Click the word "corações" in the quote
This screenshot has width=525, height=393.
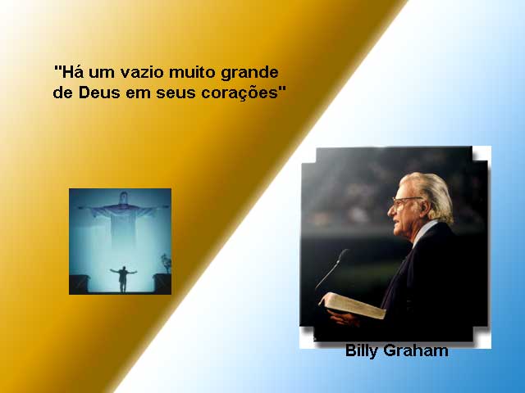pyautogui.click(x=240, y=93)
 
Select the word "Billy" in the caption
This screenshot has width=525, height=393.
pyautogui.click(x=362, y=351)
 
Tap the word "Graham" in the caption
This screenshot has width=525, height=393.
pyautogui.click(x=416, y=350)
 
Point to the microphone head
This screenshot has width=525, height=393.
pyautogui.click(x=343, y=256)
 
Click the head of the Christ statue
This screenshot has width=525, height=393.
pyautogui.click(x=124, y=197)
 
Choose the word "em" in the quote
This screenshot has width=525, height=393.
pyautogui.click(x=138, y=93)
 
